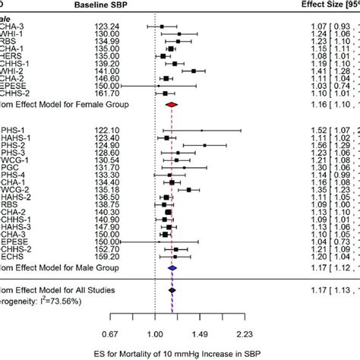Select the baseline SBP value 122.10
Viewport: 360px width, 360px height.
(106, 130)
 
